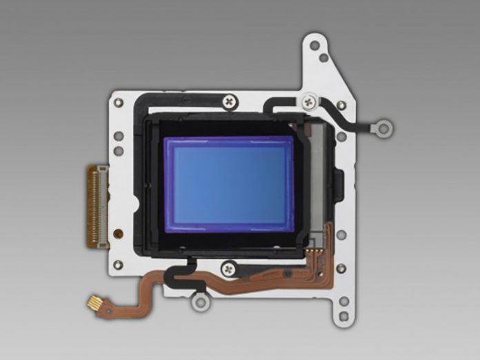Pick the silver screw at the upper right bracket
[308, 101]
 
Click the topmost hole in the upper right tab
[314, 46]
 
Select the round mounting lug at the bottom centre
[200, 301]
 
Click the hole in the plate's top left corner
[119, 103]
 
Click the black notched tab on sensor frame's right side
[339, 183]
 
